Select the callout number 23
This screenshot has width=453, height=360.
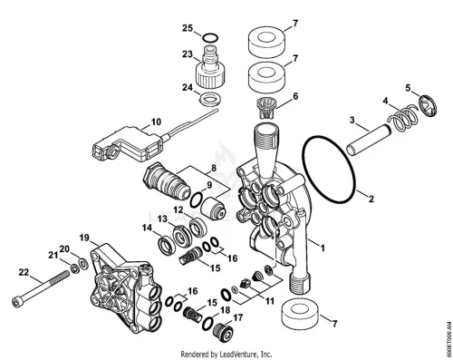[188, 54]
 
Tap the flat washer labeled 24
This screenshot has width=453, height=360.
[211, 99]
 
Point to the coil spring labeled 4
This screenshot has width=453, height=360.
[404, 119]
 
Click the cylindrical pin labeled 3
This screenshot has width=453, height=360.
[428, 105]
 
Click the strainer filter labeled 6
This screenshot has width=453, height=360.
[265, 109]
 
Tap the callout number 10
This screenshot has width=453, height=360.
[156, 122]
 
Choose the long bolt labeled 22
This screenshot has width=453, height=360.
[41, 287]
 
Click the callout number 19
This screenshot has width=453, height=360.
[84, 238]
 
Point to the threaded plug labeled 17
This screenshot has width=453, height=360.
[223, 333]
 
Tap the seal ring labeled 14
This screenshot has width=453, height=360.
[167, 245]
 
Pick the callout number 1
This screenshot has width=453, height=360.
[323, 248]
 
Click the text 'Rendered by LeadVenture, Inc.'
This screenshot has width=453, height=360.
[226, 354]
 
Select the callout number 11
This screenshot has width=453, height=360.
[269, 301]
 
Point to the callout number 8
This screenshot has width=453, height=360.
[214, 168]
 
